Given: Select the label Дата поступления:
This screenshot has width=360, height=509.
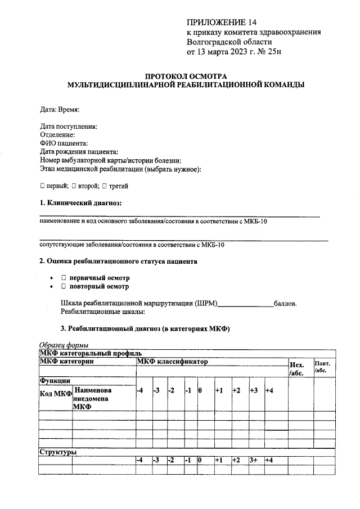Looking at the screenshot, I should point(69,127).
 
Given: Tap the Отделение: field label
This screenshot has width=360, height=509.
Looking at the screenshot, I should point(58,135).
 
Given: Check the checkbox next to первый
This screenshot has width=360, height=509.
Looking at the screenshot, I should point(43,186).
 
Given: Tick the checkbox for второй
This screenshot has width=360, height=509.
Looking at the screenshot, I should point(74,186).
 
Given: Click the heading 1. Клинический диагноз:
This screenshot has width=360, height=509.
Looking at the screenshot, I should point(80,202).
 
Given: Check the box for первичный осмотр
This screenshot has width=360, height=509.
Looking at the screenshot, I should point(64,278).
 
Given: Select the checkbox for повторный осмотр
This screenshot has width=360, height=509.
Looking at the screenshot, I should point(64,286).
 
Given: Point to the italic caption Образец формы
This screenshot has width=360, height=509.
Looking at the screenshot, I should point(64,345).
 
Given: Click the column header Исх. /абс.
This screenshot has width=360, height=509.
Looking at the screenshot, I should point(296,368).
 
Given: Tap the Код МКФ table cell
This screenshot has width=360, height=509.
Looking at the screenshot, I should point(55,394).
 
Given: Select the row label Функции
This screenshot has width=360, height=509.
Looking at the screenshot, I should point(55,381).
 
